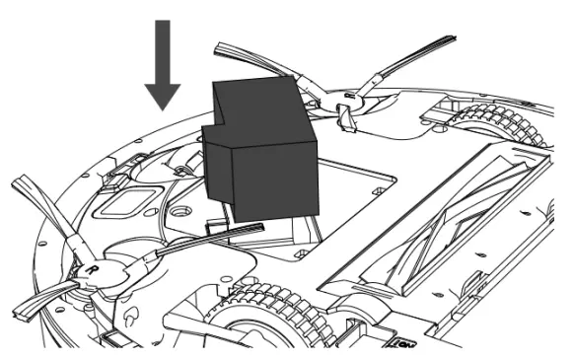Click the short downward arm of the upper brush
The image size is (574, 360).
(x=344, y=118)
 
